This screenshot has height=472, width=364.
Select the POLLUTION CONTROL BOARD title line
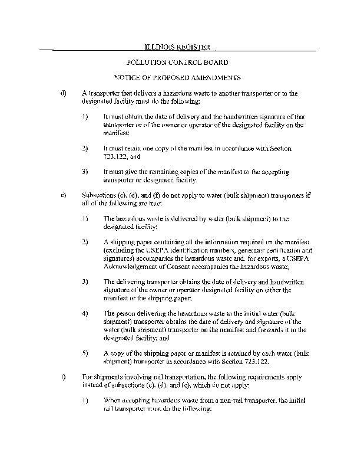coord(177,62)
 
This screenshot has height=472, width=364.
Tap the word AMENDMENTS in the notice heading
coord(214,78)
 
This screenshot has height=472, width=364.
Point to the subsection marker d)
coord(63,93)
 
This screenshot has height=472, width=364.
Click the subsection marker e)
coord(63,194)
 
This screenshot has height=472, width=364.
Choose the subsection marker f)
coord(63,376)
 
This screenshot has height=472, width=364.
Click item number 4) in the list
coord(85,313)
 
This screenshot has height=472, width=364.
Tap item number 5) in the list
coord(85,353)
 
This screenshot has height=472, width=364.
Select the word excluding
coord(120,250)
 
